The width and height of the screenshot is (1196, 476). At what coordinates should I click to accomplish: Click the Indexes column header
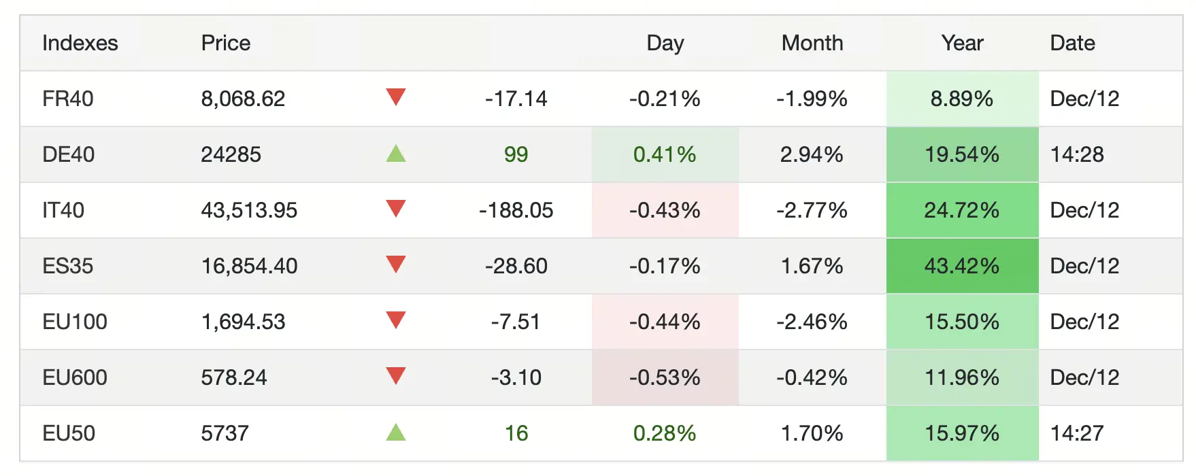point(80,44)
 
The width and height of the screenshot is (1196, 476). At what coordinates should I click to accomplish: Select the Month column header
point(812,44)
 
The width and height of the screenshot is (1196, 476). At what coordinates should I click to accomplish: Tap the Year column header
point(962,44)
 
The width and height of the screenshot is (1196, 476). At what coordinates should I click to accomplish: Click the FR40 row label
point(68,99)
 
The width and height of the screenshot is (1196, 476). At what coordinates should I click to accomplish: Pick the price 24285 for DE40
point(231,155)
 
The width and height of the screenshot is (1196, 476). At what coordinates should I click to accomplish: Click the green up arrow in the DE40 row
point(396,154)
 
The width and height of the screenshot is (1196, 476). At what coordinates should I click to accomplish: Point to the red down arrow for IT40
point(396,209)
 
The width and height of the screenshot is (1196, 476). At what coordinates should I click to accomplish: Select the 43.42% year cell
point(961,266)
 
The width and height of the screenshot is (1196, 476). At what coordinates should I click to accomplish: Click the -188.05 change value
point(516,211)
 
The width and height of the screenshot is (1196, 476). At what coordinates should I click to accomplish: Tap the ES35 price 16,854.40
point(249,267)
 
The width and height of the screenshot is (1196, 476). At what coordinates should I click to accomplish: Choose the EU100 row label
point(75,322)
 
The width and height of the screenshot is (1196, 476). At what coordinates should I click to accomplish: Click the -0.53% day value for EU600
point(665,378)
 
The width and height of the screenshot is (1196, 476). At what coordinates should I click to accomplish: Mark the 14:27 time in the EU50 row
point(1077,434)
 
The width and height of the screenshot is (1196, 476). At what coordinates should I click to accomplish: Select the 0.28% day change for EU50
point(665,434)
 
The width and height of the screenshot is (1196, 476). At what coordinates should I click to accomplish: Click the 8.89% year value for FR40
point(961,99)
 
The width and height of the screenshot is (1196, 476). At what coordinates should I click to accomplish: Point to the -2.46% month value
point(812,322)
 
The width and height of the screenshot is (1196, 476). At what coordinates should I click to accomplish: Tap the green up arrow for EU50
point(396,432)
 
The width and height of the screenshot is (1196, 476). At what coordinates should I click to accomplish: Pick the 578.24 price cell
point(234,378)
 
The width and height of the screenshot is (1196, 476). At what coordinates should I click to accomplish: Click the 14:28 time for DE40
point(1077,155)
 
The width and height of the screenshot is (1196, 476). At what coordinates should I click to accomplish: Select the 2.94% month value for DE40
point(812,155)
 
